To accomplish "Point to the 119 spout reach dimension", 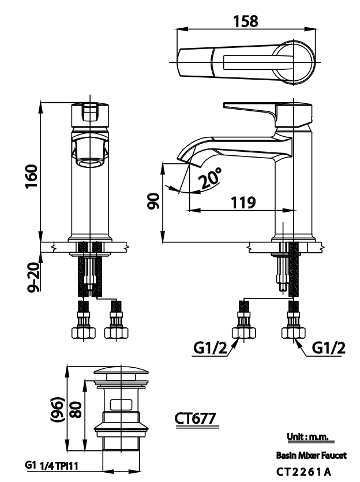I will pos(243,203).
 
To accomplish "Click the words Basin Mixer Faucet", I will pos(312,456).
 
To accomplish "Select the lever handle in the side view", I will pos(251,109).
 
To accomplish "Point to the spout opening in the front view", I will pos(89,160).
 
